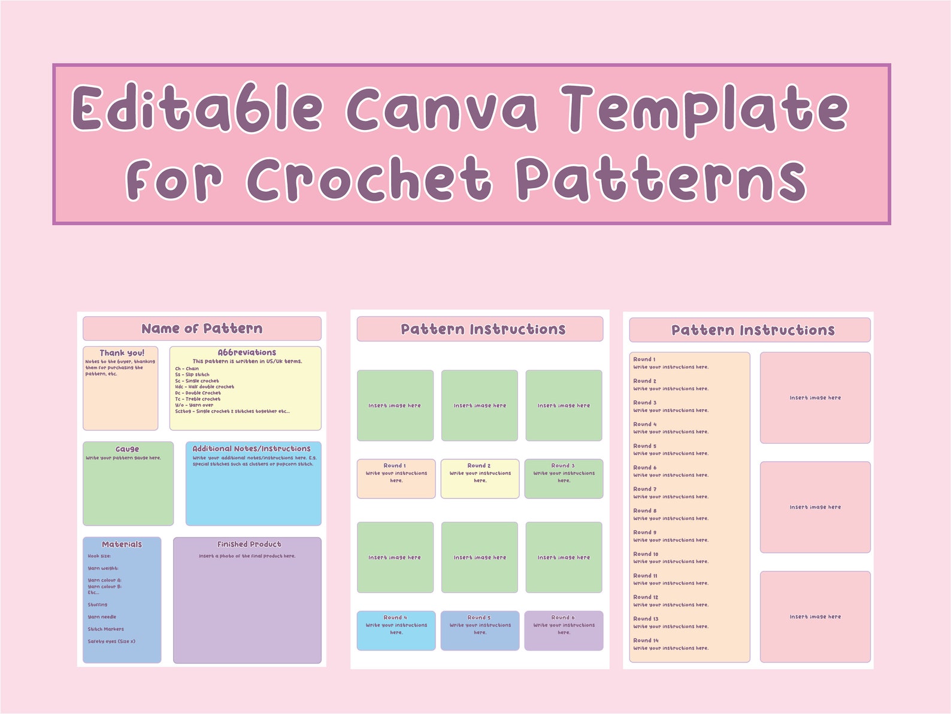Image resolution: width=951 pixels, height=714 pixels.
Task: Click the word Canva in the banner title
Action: click(441, 108)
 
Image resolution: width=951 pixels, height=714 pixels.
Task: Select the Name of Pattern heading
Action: click(202, 328)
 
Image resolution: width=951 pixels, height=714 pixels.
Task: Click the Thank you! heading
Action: click(122, 353)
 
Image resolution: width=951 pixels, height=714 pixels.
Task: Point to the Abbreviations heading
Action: click(247, 352)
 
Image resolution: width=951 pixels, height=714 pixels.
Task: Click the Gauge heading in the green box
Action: click(127, 449)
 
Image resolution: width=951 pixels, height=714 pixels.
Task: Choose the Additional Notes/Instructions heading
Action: click(252, 448)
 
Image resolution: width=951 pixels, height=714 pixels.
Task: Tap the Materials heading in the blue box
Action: click(122, 544)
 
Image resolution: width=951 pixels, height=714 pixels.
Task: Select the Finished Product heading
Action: click(249, 544)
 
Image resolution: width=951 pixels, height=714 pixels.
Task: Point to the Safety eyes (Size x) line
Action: click(111, 641)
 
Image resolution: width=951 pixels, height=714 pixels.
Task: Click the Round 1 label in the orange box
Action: click(395, 465)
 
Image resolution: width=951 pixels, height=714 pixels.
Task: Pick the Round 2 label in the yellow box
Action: click(479, 465)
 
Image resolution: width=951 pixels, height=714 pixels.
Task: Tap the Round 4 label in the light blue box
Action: click(395, 617)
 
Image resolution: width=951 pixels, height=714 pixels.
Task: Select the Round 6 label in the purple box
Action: click(563, 617)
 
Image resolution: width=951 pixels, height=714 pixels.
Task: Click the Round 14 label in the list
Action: click(646, 640)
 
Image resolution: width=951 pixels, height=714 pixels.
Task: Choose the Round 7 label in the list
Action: click(644, 489)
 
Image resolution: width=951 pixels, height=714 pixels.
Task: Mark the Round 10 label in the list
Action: click(646, 554)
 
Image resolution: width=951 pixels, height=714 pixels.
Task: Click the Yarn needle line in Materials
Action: click(102, 616)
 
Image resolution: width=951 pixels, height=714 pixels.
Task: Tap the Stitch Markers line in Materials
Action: click(105, 629)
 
